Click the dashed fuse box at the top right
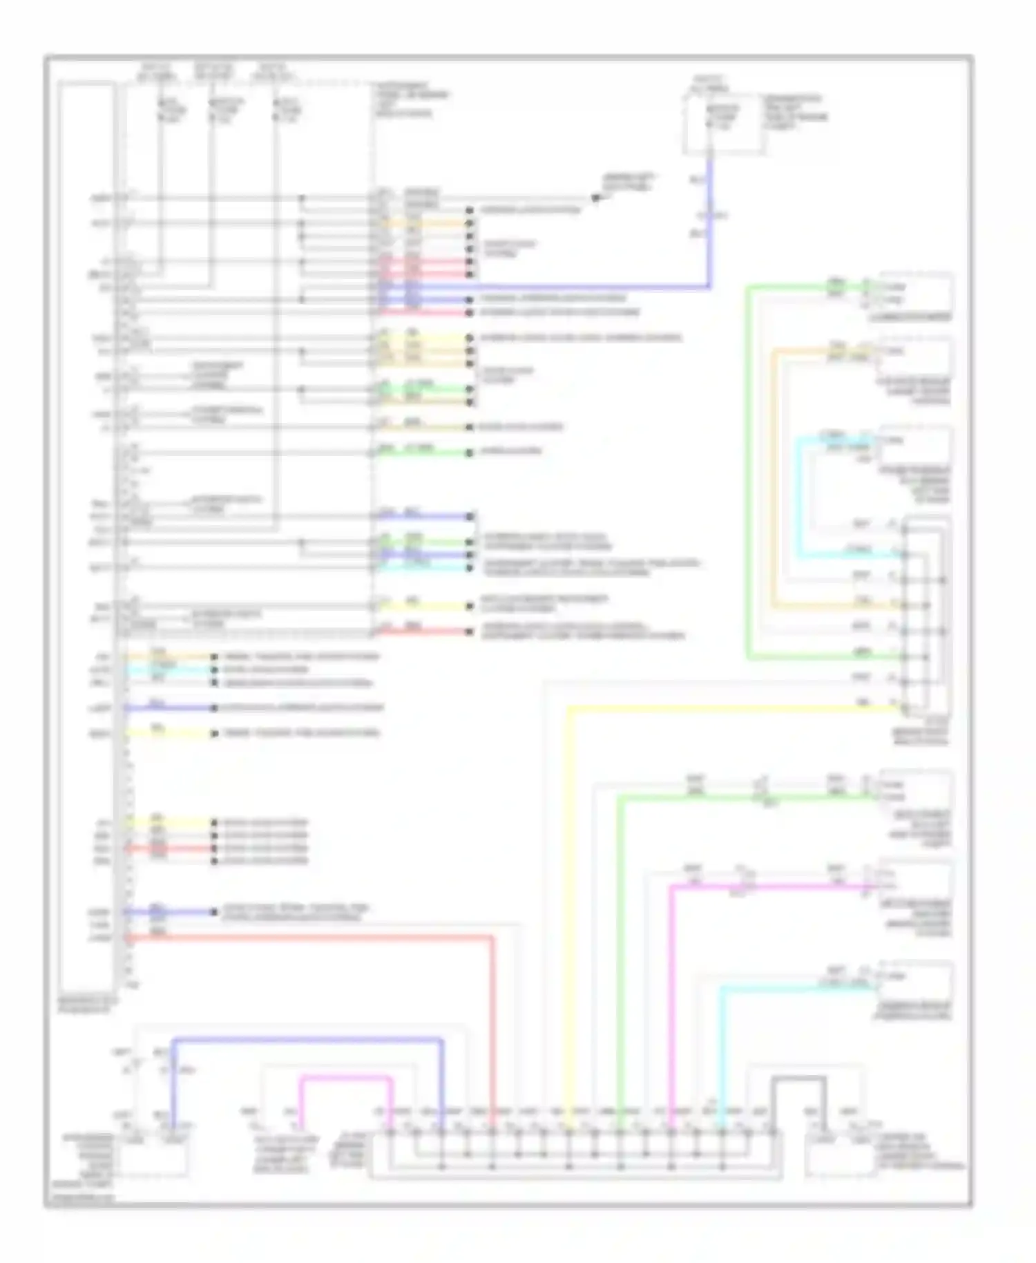pyautogui.click(x=724, y=124)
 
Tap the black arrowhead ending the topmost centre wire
pyautogui.click(x=596, y=198)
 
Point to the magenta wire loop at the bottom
pyautogui.click(x=345, y=1077)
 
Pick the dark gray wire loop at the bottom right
pyautogui.click(x=799, y=1078)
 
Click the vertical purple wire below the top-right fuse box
pyautogui.click(x=709, y=221)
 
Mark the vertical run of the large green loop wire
pyautogui.click(x=748, y=470)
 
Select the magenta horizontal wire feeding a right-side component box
pyautogui.click(x=767, y=886)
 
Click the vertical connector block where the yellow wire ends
pyautogui.click(x=925, y=615)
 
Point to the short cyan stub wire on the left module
pyautogui.click(x=166, y=670)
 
